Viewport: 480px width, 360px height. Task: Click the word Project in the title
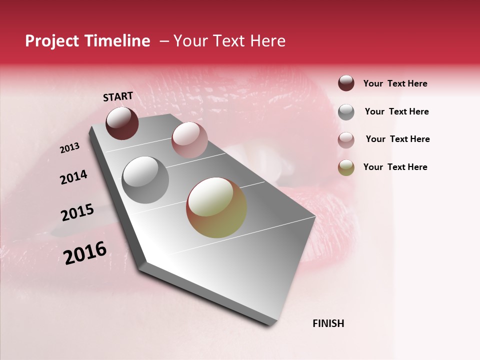coord(52,41)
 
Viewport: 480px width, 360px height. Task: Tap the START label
coord(118,96)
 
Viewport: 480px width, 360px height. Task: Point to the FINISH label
coord(328,323)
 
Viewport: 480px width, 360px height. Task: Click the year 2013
coord(70,148)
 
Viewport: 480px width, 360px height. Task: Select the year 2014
coord(73,177)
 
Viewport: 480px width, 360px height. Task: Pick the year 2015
coord(77,212)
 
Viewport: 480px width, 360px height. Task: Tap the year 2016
coord(85,252)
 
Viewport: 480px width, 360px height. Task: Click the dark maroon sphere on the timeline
coord(122,123)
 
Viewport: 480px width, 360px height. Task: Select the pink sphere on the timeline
coord(189,140)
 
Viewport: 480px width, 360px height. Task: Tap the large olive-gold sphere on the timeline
coord(216,207)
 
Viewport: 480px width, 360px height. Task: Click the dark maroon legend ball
coord(346,83)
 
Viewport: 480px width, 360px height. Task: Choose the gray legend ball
coord(346,112)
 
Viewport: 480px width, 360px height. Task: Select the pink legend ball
coord(346,140)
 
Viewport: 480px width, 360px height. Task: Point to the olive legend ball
coord(346,167)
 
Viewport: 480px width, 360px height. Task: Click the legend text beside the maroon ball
coord(395,83)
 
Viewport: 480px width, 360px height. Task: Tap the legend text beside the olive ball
coord(395,167)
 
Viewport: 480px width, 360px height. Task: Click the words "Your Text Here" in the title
coord(229,41)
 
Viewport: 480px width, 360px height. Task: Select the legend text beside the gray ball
coord(396,111)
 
